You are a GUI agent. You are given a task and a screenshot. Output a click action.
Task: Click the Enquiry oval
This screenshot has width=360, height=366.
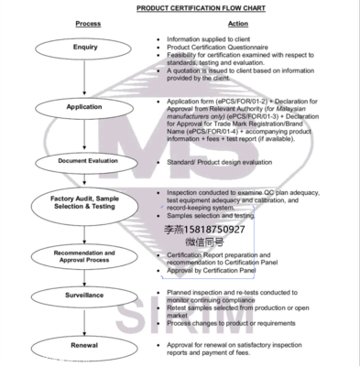click(84, 46)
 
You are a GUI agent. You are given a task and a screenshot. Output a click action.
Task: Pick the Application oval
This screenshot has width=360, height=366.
click(84, 107)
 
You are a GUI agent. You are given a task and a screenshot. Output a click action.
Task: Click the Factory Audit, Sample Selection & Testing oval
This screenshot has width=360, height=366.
click(84, 203)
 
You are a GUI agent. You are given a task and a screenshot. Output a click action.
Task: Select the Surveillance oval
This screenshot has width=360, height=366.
click(84, 296)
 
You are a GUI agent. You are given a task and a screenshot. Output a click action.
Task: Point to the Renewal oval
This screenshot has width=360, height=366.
click(84, 346)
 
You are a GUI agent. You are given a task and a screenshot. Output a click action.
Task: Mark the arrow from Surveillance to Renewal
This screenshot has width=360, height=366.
click(84, 320)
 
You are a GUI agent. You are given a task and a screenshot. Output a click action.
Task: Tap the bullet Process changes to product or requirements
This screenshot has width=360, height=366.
click(234, 324)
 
